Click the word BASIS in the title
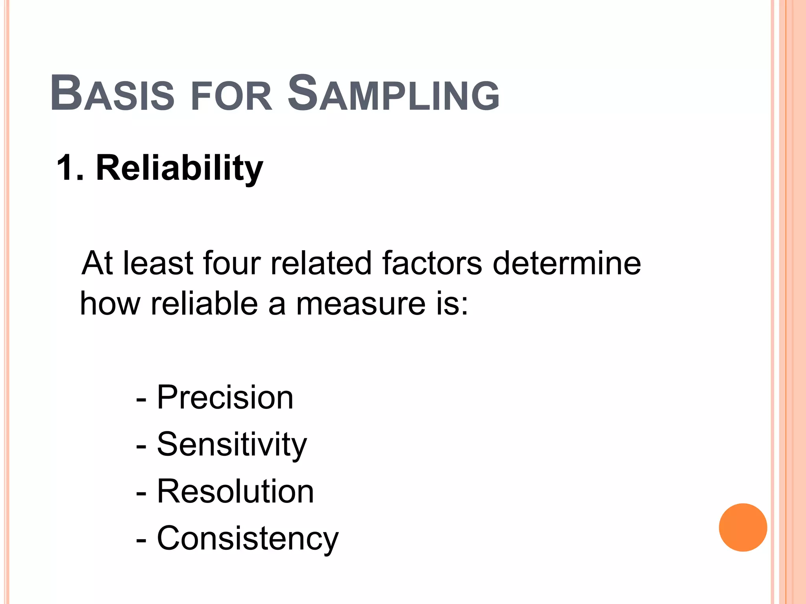(113, 94)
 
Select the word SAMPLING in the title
(394, 94)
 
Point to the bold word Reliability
(179, 168)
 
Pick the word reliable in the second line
(204, 304)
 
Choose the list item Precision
(225, 397)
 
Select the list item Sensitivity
(231, 444)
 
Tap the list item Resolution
(235, 491)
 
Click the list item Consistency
(248, 538)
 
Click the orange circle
(743, 527)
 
